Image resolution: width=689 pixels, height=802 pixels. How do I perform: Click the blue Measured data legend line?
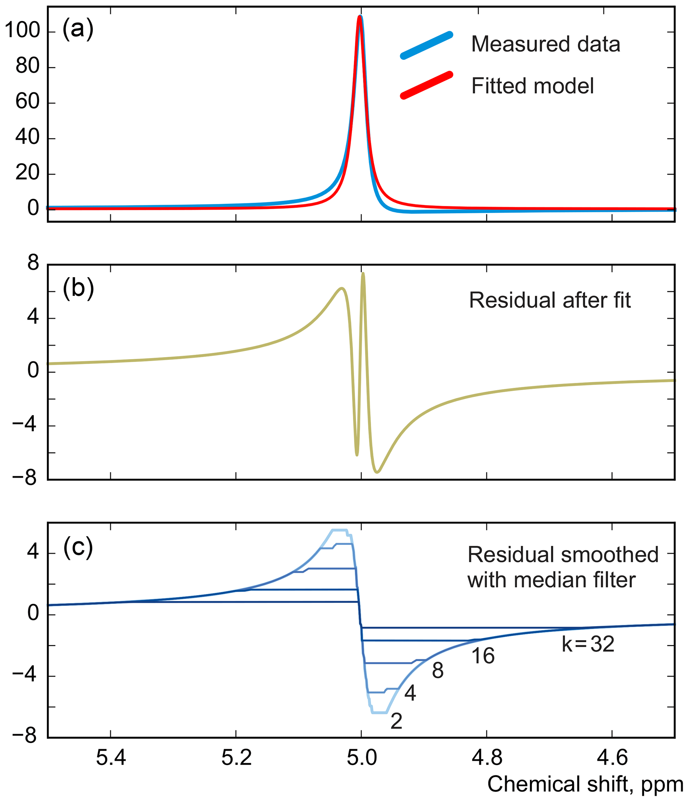pyautogui.click(x=426, y=46)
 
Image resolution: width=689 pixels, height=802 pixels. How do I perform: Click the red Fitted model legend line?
pyautogui.click(x=426, y=86)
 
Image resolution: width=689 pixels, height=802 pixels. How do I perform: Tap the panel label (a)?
pyautogui.click(x=78, y=29)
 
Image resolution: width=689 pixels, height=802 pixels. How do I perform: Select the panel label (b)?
pyautogui.click(x=78, y=289)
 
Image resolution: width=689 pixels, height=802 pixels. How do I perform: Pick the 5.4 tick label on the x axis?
pyautogui.click(x=111, y=757)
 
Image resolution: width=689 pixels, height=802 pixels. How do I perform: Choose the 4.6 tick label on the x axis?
pyautogui.click(x=612, y=757)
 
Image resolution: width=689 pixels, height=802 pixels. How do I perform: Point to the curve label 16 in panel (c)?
pyautogui.click(x=483, y=656)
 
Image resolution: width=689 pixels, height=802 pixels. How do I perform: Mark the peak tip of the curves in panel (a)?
pyautogui.click(x=360, y=17)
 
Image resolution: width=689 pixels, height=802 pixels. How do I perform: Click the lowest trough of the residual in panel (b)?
pyautogui.click(x=378, y=472)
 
